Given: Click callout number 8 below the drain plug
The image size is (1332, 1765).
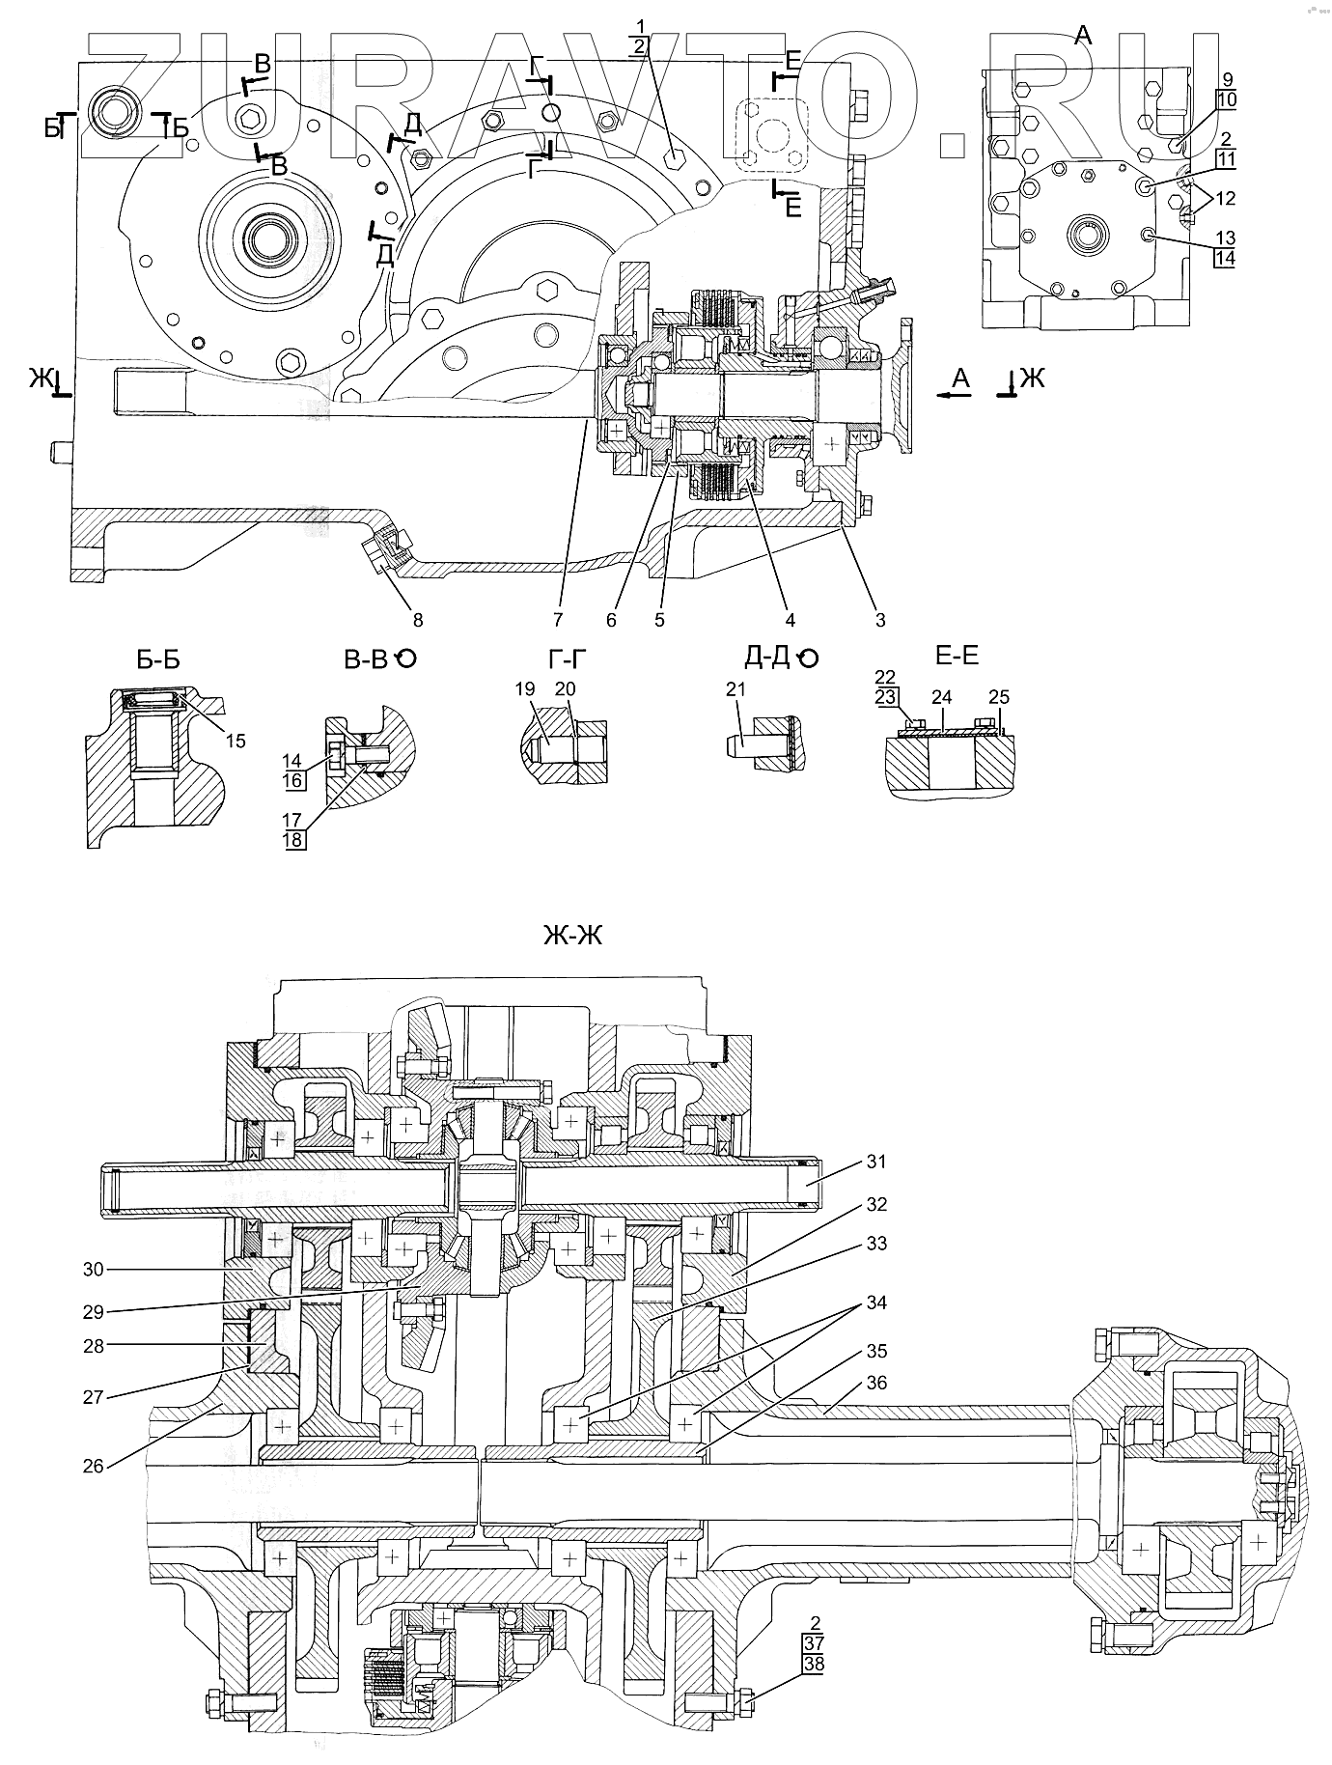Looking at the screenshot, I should click(x=418, y=620).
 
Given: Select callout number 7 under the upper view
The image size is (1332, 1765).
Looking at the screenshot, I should click(x=559, y=620).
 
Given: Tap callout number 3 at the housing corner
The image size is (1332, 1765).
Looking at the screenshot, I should click(x=880, y=620).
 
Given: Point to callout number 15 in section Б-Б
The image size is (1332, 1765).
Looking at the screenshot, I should click(x=236, y=742).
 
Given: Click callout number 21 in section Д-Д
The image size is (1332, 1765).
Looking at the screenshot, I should click(x=736, y=689).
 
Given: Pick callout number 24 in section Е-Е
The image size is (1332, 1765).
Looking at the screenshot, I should click(x=942, y=697).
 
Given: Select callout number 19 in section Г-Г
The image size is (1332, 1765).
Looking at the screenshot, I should click(x=524, y=689).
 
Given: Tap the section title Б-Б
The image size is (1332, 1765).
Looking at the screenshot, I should click(x=158, y=660).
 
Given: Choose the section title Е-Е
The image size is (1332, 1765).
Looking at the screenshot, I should click(x=957, y=657).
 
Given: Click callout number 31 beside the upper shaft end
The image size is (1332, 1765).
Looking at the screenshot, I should click(x=875, y=1163).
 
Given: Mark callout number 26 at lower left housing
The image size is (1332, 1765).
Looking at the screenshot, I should click(x=93, y=1467).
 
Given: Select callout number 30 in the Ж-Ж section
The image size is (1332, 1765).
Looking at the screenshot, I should click(x=93, y=1270).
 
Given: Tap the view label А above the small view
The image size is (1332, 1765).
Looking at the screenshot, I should click(x=1083, y=37).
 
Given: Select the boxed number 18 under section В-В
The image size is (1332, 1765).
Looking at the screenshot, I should click(x=293, y=839).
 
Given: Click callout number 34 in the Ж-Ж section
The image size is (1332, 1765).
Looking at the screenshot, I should click(x=875, y=1303).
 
